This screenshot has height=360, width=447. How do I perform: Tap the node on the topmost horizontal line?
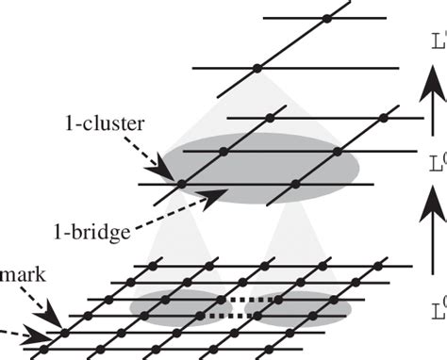[326, 18]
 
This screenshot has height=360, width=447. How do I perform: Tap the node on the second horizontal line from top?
[257, 68]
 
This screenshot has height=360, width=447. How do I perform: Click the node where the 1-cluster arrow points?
[182, 185]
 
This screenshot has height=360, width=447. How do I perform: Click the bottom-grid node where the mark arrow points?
[64, 332]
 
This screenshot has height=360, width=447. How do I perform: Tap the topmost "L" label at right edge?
[438, 42]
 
